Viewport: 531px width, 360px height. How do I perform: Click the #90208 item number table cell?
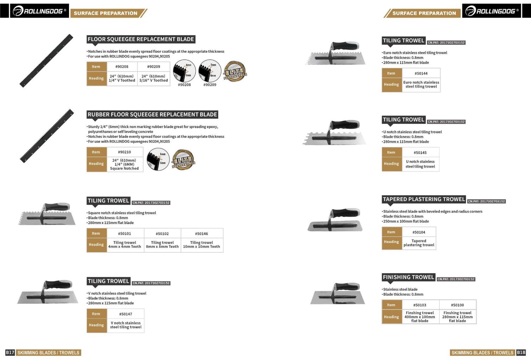pos(122,66)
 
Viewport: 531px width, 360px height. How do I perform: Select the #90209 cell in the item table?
pos(153,66)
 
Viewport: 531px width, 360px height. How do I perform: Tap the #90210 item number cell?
pos(124,152)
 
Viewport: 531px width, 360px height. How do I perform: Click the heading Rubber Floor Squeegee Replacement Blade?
pos(152,115)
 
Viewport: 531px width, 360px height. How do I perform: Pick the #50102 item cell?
pos(162,233)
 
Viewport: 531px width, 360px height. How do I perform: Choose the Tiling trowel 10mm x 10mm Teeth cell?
pos(201,245)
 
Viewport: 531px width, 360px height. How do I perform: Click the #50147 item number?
pos(126,314)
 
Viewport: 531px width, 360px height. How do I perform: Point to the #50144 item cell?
pos(421,73)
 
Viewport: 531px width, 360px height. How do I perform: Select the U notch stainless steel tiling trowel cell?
pos(420,164)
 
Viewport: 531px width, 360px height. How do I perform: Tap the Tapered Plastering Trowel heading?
pos(424,199)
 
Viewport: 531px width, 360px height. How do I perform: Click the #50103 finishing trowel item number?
pos(419,305)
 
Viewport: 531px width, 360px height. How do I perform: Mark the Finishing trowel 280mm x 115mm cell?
pos(457,317)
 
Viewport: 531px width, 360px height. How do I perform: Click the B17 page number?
pos(10,352)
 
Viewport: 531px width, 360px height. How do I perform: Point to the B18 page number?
pos(521,352)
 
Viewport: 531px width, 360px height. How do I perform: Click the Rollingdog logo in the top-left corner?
pos(39,11)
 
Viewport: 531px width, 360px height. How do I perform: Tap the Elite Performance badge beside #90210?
pos(183,160)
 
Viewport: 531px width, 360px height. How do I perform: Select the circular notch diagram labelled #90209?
pos(210,71)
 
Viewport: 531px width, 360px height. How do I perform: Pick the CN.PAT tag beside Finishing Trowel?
pos(456,279)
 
